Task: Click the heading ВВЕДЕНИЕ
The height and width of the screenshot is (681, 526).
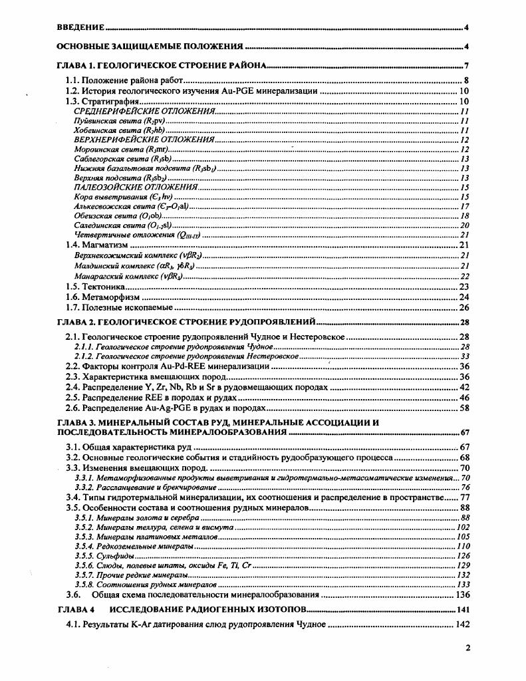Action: coord(80,29)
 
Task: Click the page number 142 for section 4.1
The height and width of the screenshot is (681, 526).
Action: coord(462,624)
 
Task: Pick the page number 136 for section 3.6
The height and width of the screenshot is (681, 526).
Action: coord(463,594)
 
